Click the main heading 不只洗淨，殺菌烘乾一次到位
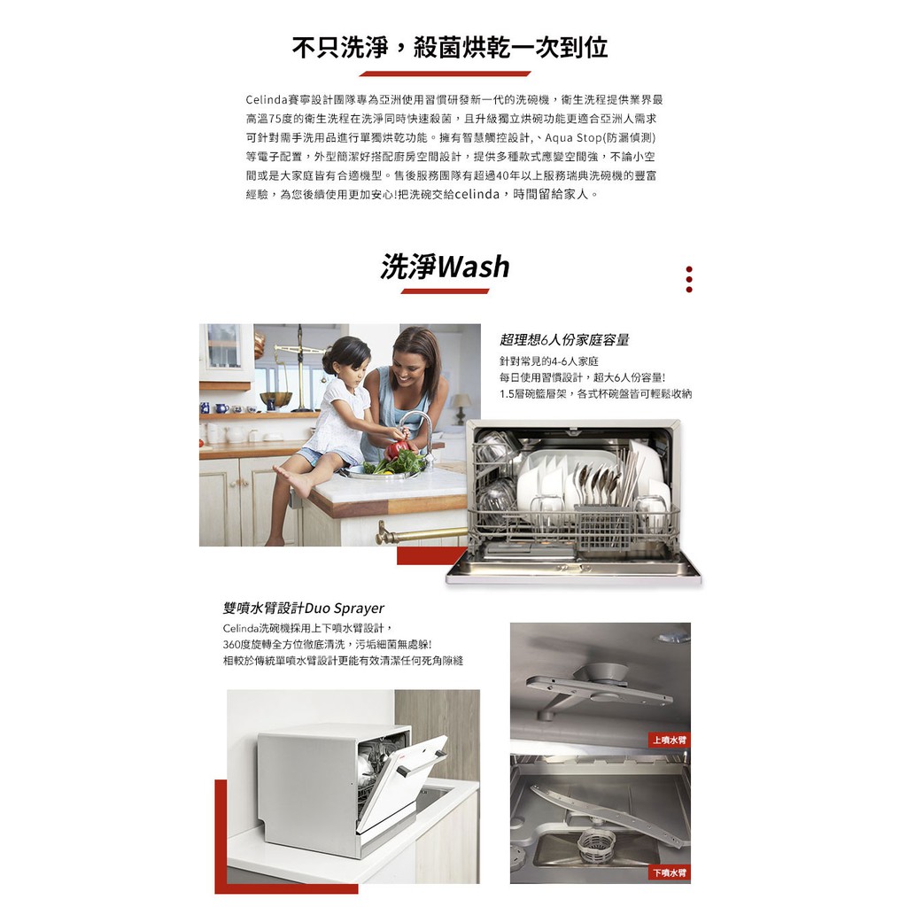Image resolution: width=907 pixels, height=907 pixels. click(x=449, y=48)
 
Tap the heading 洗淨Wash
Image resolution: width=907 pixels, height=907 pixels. click(x=445, y=267)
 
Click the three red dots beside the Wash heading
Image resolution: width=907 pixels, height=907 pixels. click(x=688, y=279)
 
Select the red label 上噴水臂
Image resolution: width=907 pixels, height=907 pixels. click(x=670, y=740)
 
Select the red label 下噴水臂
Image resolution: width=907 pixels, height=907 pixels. click(x=670, y=872)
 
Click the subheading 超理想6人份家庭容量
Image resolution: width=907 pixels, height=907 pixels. click(x=564, y=339)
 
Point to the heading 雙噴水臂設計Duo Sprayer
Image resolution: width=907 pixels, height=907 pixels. click(x=304, y=608)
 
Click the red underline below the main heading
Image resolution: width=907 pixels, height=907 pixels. click(x=445, y=74)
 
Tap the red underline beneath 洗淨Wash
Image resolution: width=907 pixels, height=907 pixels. click(x=445, y=291)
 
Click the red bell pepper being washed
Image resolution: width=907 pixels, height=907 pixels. click(x=399, y=449)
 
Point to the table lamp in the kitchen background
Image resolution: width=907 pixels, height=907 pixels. click(x=461, y=407)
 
